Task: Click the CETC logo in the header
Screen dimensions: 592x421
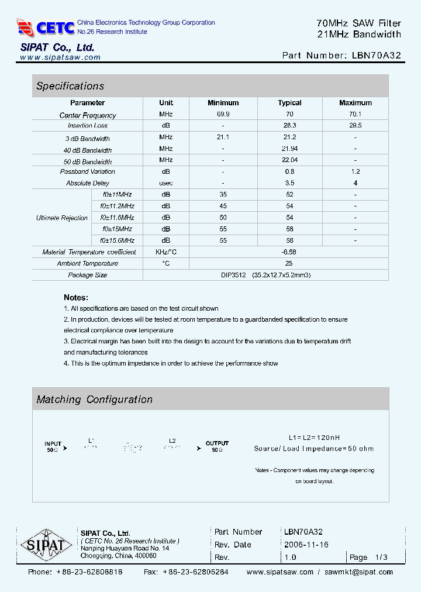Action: pyautogui.click(x=46, y=27)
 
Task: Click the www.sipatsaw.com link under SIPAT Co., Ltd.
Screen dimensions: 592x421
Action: pyautogui.click(x=60, y=57)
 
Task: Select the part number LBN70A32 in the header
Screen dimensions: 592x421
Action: pyautogui.click(x=377, y=56)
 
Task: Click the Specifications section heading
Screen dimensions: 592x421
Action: pyautogui.click(x=70, y=86)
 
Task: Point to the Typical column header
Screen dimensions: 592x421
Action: pyautogui.click(x=289, y=103)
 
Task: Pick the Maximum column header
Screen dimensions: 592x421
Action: pyautogui.click(x=355, y=103)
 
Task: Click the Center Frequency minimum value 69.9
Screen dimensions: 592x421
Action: pyautogui.click(x=223, y=115)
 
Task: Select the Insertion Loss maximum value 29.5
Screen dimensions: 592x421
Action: pyautogui.click(x=355, y=126)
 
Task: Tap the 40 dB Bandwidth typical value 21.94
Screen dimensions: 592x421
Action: pyautogui.click(x=289, y=149)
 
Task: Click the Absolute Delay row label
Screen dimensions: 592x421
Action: pyautogui.click(x=88, y=183)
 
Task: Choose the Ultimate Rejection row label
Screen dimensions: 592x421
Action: pyautogui.click(x=62, y=218)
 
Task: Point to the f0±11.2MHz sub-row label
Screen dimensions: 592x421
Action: pyautogui.click(x=117, y=206)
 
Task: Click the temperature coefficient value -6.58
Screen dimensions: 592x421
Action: pyautogui.click(x=289, y=252)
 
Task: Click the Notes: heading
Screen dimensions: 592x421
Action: pyautogui.click(x=76, y=298)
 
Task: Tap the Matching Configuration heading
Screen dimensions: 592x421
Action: pyautogui.click(x=94, y=400)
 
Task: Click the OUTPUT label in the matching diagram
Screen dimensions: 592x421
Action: pyautogui.click(x=217, y=443)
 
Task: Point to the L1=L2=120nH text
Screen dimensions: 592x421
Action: pyautogui.click(x=313, y=438)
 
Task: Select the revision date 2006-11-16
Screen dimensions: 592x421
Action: pyautogui.click(x=306, y=545)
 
